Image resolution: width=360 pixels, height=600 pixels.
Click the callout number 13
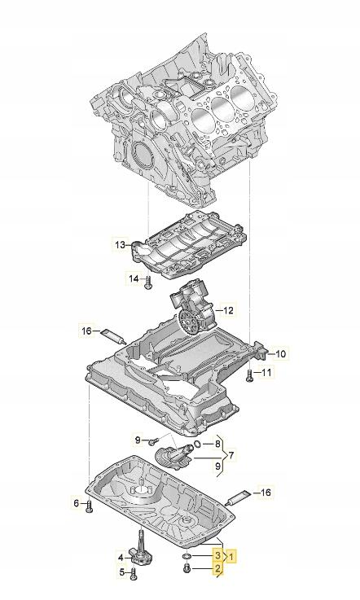tap(120, 244)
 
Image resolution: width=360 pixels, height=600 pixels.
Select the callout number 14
tap(133, 279)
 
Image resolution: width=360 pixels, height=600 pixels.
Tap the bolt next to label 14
tap(148, 283)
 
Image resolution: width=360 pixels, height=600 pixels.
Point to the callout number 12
tap(228, 310)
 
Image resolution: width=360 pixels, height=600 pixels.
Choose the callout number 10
tap(279, 353)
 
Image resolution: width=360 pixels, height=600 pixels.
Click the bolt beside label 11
tap(248, 375)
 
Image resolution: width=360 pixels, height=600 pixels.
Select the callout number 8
tap(217, 444)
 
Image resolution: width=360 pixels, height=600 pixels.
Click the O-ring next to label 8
tap(198, 445)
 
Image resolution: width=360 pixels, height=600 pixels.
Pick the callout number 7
tap(231, 455)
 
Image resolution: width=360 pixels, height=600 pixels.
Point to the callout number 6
tap(77, 504)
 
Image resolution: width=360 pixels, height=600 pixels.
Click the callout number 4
tap(120, 558)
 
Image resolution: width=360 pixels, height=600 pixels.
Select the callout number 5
tap(121, 573)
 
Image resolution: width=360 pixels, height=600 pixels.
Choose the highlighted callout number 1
tap(232, 557)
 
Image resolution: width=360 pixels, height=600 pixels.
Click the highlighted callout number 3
tap(217, 554)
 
